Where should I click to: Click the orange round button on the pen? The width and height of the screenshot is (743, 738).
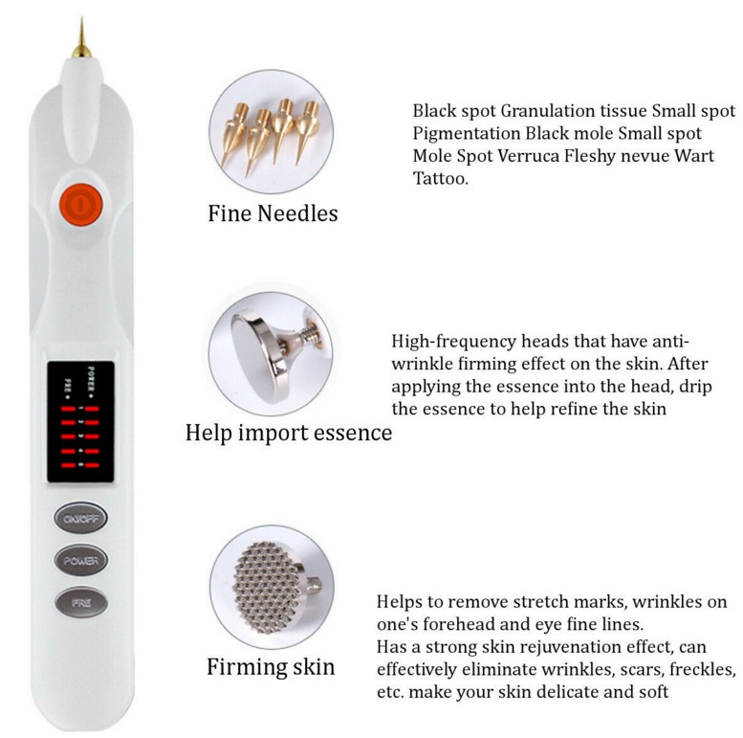[81, 204]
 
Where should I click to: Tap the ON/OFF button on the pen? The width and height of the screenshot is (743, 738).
[80, 519]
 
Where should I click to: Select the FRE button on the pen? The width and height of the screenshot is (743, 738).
[80, 602]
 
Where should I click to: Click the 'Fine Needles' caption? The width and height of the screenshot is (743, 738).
[273, 213]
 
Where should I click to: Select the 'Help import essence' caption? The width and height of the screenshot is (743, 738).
[289, 433]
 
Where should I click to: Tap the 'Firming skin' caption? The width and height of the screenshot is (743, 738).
[271, 666]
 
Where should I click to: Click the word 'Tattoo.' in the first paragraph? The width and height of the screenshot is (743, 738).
[441, 179]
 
